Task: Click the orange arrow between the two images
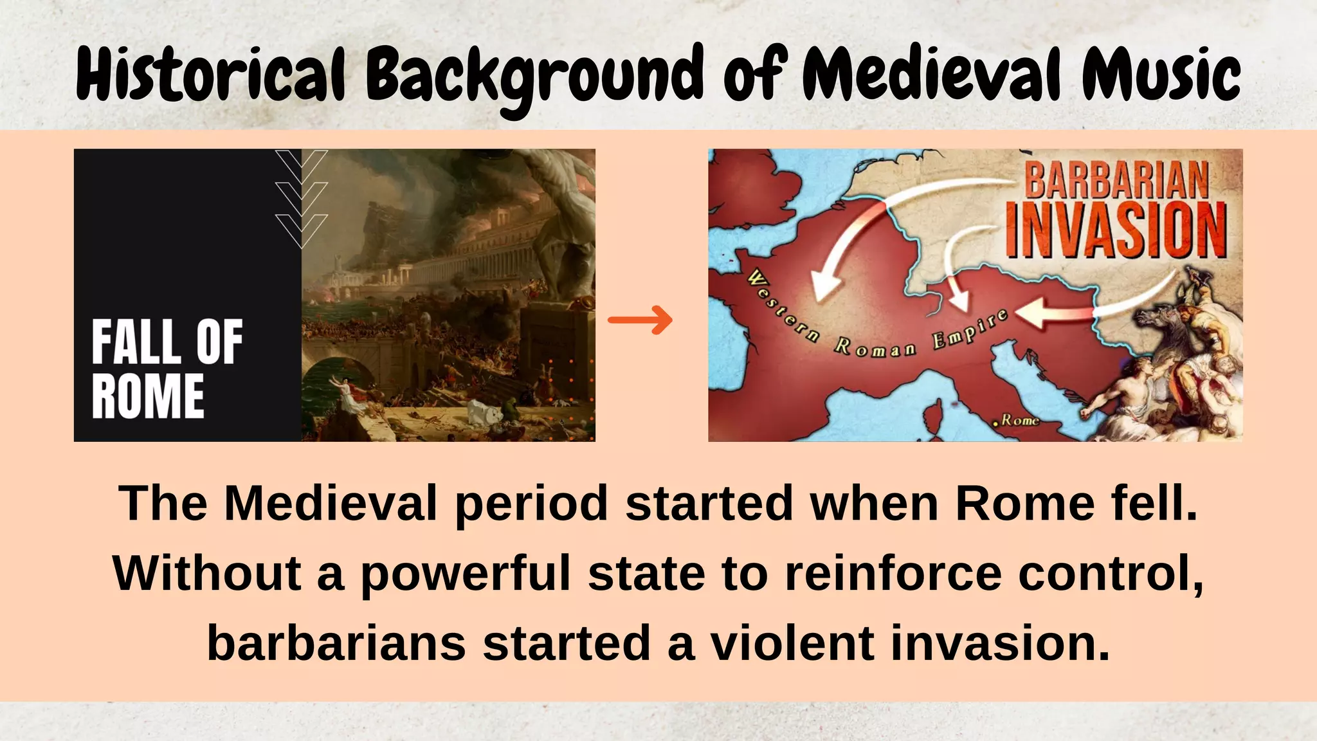coord(640,320)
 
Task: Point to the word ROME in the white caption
coord(148,396)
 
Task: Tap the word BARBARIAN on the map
coord(1116,180)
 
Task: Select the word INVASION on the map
coord(1116,230)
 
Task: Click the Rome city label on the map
coord(1019,420)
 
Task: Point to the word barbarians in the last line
coord(336,643)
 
